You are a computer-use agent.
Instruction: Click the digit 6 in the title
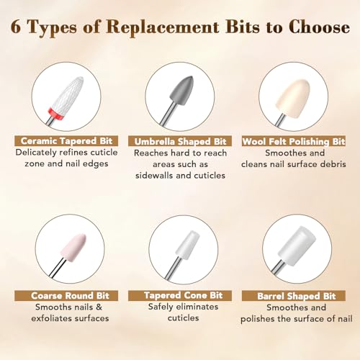pyautogui.click(x=16, y=27)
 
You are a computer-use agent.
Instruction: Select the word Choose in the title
pyautogui.click(x=319, y=27)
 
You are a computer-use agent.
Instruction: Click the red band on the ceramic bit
pyautogui.click(x=55, y=112)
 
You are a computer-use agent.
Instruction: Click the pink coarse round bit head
pyautogui.click(x=73, y=247)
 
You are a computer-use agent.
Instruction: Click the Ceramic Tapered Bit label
pyautogui.click(x=66, y=141)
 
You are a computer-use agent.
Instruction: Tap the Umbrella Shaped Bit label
pyautogui.click(x=180, y=141)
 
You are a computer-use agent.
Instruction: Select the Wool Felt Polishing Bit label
pyautogui.click(x=294, y=141)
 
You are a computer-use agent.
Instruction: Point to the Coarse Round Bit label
pyautogui.click(x=70, y=296)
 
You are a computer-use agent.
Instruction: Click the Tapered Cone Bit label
pyautogui.click(x=183, y=295)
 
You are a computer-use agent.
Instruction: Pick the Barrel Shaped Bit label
pyautogui.click(x=296, y=296)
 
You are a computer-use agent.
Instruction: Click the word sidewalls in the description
pyautogui.click(x=154, y=176)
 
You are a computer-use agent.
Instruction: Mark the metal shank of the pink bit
pyautogui.click(x=58, y=268)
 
